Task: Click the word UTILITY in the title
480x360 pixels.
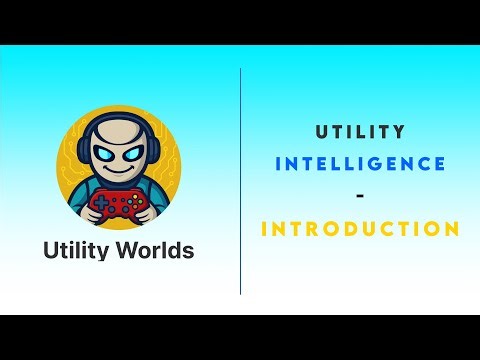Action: click(360, 131)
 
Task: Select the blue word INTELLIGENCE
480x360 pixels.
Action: click(360, 163)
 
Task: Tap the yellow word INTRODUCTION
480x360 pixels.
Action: click(360, 228)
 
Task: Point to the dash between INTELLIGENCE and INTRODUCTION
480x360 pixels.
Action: click(360, 196)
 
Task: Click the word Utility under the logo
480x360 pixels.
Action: click(78, 250)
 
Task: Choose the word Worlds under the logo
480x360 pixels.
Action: click(156, 250)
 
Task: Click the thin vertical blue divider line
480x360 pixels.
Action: click(241, 180)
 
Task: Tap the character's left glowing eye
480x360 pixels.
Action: click(105, 158)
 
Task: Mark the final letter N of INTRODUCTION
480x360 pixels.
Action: click(453, 228)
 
